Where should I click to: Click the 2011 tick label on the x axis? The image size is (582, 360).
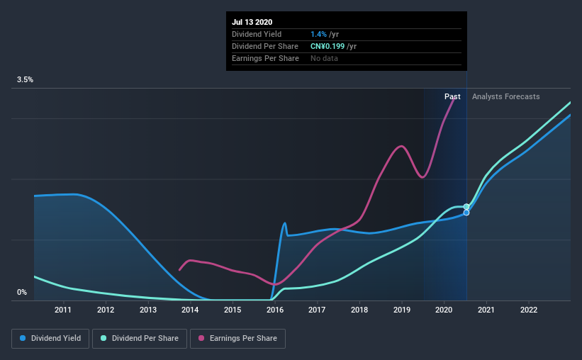63,310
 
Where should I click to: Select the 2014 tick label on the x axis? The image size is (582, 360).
190,310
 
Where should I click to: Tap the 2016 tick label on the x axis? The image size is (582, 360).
275,310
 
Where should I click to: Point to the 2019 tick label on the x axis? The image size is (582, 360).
402,310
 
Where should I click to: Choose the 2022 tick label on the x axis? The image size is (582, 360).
529,310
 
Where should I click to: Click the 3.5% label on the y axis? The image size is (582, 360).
26,80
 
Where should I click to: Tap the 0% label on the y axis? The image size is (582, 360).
22,292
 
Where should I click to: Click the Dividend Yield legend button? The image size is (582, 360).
51,339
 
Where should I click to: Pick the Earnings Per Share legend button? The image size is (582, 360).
237,339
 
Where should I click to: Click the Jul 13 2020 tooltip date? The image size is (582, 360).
252,23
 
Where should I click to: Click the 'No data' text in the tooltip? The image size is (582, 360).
324,58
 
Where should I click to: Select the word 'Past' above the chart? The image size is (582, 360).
452,96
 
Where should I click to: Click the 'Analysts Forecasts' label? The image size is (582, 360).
505,96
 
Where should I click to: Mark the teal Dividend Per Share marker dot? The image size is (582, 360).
466,206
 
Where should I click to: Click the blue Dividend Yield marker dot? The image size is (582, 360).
466,213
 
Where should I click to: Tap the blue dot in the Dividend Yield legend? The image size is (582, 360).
23,339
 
